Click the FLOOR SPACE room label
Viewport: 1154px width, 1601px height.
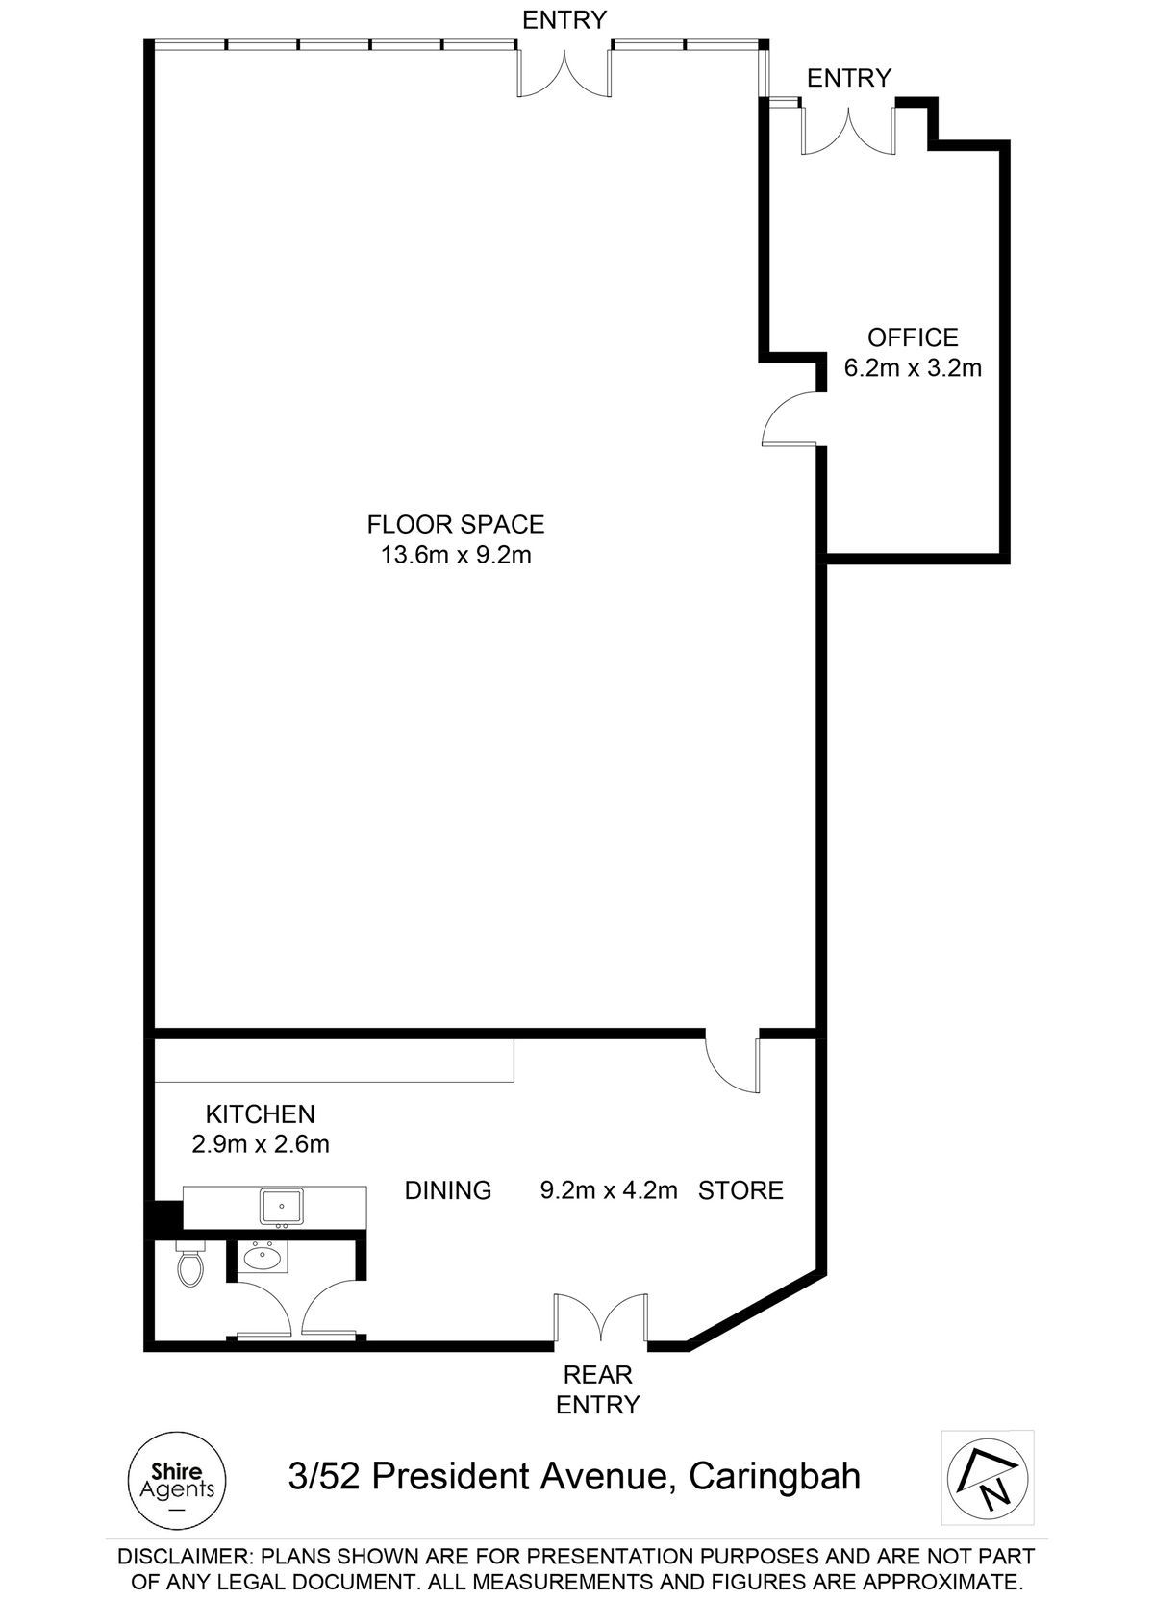pos(456,525)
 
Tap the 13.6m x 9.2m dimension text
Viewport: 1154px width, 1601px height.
pos(456,555)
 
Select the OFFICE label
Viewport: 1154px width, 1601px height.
pos(913,338)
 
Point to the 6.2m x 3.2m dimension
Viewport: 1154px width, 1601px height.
pos(913,368)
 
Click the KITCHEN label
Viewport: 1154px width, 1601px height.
pos(261,1114)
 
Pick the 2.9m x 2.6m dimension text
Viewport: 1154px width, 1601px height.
pos(261,1144)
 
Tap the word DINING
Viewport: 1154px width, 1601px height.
pos(447,1190)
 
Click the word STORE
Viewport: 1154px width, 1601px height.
pos(740,1190)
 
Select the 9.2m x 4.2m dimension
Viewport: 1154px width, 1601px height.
pos(609,1190)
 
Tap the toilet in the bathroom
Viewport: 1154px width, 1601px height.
pos(190,1263)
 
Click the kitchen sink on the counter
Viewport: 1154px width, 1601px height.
pos(282,1208)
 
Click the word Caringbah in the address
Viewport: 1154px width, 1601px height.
pos(774,1477)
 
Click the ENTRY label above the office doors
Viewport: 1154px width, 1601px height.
pos(849,77)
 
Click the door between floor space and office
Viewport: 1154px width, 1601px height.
pos(790,419)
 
